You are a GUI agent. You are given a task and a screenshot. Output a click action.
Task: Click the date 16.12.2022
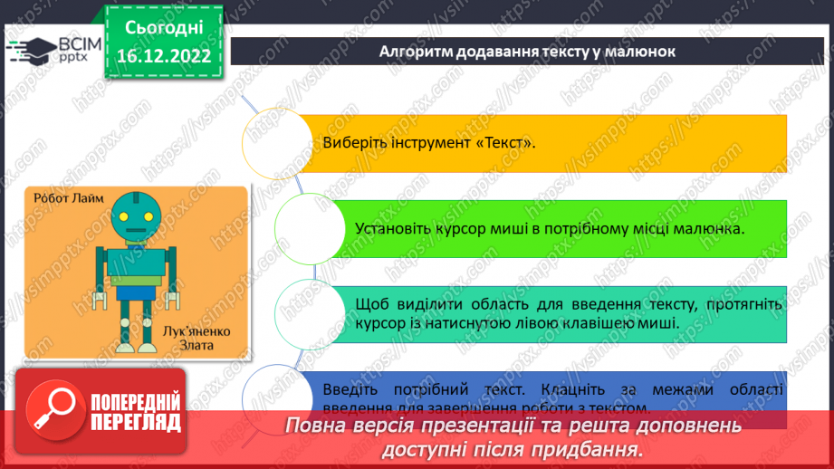(164, 56)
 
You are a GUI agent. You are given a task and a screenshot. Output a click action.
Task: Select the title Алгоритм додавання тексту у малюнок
(528, 51)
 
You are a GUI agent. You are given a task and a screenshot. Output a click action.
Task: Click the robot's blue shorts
(137, 292)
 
